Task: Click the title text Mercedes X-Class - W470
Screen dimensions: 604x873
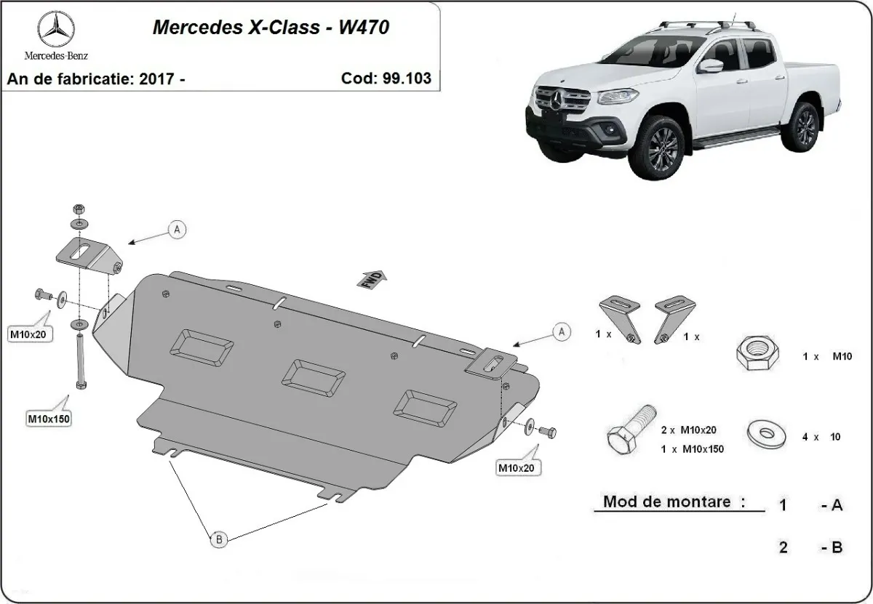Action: (x=270, y=28)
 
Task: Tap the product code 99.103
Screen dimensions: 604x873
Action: (x=403, y=78)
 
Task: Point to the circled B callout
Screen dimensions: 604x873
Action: (x=218, y=539)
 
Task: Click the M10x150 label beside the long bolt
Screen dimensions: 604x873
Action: (x=49, y=419)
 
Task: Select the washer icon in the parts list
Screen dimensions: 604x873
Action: (x=765, y=434)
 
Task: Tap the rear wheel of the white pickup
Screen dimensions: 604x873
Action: (x=804, y=126)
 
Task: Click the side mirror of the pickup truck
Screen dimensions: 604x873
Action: (x=712, y=65)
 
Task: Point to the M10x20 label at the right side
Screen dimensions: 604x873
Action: (x=516, y=468)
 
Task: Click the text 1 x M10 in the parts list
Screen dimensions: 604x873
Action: (x=826, y=356)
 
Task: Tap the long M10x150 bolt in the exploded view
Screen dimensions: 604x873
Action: (x=79, y=361)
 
